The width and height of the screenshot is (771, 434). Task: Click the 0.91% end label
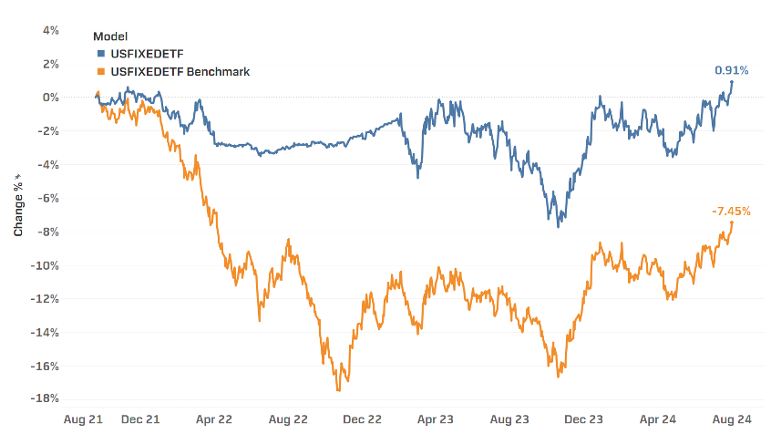point(731,70)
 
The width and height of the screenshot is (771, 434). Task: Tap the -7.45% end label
point(731,212)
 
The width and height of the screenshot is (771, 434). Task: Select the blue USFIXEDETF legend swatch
point(99,54)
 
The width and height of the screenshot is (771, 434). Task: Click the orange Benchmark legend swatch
point(99,71)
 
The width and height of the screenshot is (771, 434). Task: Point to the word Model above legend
point(109,36)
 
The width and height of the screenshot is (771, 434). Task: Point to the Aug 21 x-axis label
point(81,419)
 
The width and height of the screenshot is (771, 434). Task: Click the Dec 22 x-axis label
point(362,419)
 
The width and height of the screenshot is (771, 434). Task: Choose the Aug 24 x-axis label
point(730,419)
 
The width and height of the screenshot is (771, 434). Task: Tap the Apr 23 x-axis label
point(435,419)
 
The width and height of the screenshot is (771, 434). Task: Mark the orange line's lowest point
point(339,391)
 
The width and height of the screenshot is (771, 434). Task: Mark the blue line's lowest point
point(558,226)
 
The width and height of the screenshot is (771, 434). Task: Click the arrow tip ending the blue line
point(732,82)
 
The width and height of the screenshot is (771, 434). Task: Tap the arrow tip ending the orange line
point(732,222)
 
